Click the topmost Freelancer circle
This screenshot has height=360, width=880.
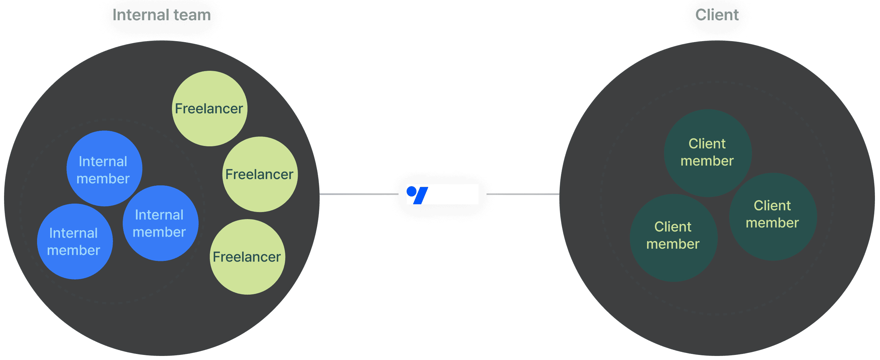pyautogui.click(x=209, y=108)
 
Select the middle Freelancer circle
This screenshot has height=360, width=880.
pyautogui.click(x=260, y=174)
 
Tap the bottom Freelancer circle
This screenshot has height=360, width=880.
pyautogui.click(x=247, y=257)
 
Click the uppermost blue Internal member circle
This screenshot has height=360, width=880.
pyautogui.click(x=104, y=168)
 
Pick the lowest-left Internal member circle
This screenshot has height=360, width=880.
pyautogui.click(x=75, y=241)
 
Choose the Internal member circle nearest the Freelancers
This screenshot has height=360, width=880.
pyautogui.click(x=160, y=223)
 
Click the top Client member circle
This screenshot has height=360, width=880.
pyautogui.click(x=707, y=153)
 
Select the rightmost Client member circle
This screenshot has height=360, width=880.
pyautogui.click(x=773, y=216)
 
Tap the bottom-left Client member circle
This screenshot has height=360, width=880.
pyautogui.click(x=673, y=238)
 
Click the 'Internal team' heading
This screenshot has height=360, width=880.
pyautogui.click(x=162, y=15)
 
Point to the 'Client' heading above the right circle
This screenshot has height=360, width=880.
pyautogui.click(x=717, y=15)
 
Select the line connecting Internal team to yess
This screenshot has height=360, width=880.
pyautogui.click(x=359, y=194)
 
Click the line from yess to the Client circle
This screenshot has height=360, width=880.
pyautogui.click(x=523, y=194)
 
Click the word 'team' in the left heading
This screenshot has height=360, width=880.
pyautogui.click(x=192, y=15)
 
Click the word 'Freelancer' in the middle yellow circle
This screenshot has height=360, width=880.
pyautogui.click(x=259, y=175)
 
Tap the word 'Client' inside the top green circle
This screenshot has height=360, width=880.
pyautogui.click(x=707, y=144)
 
